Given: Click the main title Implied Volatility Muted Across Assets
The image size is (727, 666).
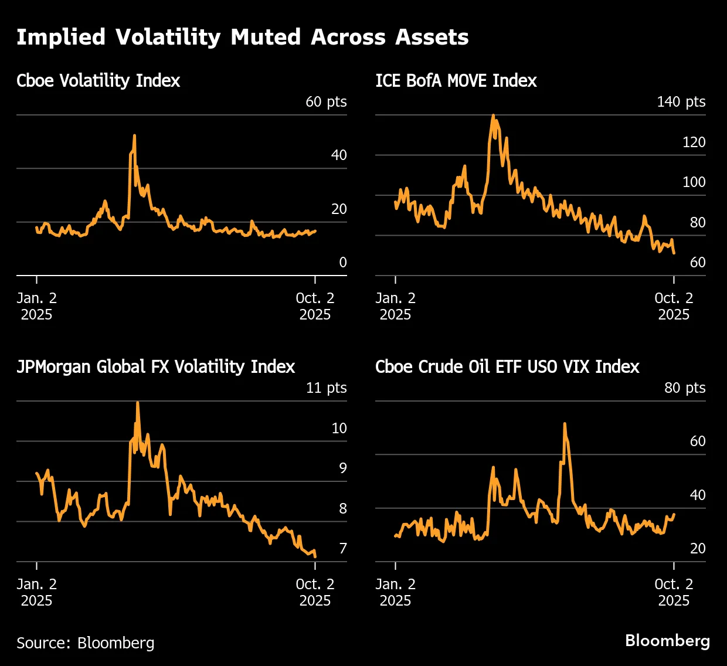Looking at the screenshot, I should point(242,38).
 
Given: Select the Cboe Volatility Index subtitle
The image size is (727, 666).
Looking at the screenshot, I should point(98,81).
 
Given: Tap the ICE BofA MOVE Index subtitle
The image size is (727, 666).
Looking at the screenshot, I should point(456,81).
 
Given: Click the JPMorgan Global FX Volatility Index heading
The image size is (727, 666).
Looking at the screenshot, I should point(155,367).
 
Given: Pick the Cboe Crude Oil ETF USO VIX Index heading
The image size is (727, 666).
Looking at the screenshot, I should point(507,367).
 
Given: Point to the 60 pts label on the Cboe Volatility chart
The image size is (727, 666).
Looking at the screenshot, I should point(326,102).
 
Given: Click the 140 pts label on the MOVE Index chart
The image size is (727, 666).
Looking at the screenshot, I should point(681,102).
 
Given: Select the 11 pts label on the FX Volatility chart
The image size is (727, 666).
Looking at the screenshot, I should point(326,388).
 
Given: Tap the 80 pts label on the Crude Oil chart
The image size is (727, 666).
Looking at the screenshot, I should point(684,388).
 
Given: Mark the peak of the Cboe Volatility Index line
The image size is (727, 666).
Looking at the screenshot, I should point(134,135).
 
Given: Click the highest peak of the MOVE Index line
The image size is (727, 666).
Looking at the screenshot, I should point(493,115).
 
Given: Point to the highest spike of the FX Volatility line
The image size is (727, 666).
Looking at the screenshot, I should point(137,402).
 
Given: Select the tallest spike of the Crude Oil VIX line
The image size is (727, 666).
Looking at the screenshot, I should point(564,423).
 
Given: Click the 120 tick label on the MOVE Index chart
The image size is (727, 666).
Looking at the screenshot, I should point(694,142).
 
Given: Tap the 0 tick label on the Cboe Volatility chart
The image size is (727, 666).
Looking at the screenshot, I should point(343,263).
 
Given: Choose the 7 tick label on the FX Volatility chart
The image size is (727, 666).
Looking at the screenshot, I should point(343,549).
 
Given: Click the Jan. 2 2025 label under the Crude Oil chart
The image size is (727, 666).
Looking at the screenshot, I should point(395,592).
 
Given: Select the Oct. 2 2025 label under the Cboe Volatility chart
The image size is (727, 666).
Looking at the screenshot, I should point(315,306).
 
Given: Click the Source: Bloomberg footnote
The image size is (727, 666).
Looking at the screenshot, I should point(86,643).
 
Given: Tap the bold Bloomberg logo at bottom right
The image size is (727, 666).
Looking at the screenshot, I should point(667,640).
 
